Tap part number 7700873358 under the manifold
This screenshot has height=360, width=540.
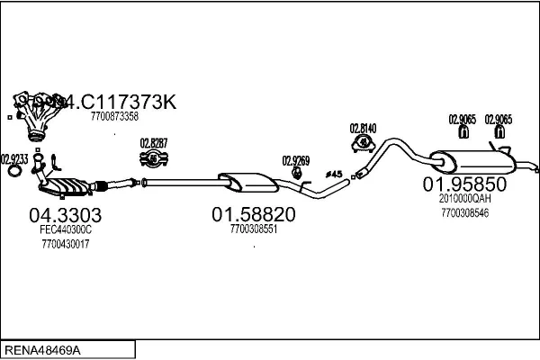[114, 116]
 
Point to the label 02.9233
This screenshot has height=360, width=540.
[14, 158]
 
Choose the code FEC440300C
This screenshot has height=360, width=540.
[66, 231]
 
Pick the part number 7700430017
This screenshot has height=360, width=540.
[66, 244]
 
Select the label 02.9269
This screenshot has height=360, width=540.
[295, 161]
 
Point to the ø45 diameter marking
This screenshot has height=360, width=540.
[332, 173]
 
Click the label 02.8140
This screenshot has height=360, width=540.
[363, 128]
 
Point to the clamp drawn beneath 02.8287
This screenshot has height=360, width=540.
[155, 161]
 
